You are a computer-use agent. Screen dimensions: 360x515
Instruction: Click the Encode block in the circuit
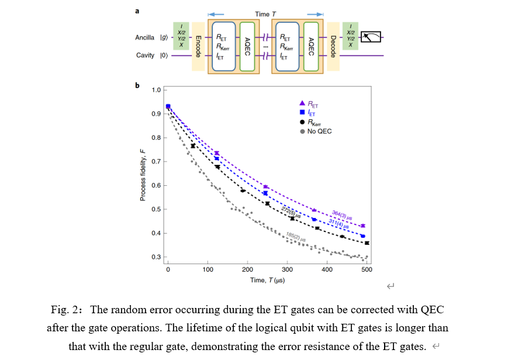click(198, 46)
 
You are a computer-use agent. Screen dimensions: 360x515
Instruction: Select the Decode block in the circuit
click(333, 46)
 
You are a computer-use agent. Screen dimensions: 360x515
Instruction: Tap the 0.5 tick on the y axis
click(157, 209)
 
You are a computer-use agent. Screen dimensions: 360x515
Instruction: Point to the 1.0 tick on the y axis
click(157, 89)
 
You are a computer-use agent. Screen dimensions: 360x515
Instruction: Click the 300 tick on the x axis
click(287, 269)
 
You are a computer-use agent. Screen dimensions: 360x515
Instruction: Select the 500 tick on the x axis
click(367, 269)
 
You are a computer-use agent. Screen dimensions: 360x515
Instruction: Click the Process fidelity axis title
click(143, 174)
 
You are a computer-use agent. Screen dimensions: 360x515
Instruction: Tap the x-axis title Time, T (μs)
click(267, 280)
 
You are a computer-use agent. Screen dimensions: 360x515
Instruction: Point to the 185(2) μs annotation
click(296, 237)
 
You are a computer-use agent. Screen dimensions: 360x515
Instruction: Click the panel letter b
click(137, 85)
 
